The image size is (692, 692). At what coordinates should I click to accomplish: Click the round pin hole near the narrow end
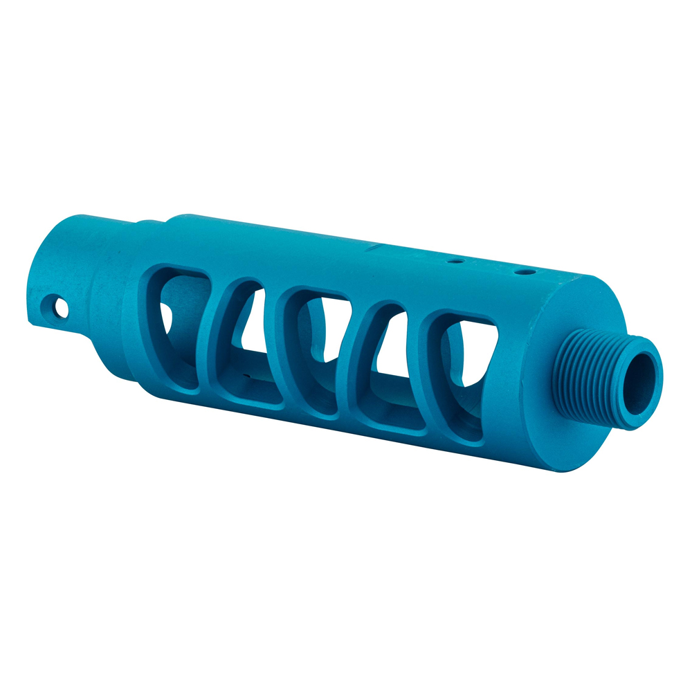(x=61, y=307)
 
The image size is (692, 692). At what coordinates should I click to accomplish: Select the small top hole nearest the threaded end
(x=525, y=271)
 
